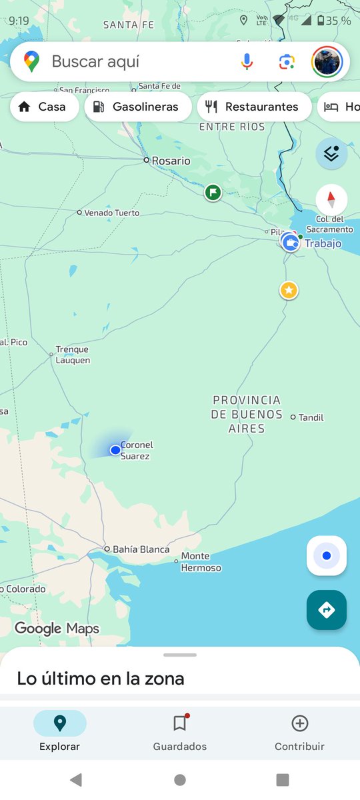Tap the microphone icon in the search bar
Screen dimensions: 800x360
pyautogui.click(x=247, y=62)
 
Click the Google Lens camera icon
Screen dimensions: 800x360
pyautogui.click(x=287, y=62)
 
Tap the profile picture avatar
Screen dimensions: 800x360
pyautogui.click(x=327, y=62)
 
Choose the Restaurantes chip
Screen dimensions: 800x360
pyautogui.click(x=254, y=107)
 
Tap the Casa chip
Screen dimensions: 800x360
pyautogui.click(x=42, y=107)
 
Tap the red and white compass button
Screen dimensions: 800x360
pyautogui.click(x=331, y=199)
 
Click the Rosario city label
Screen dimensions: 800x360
pyautogui.click(x=171, y=161)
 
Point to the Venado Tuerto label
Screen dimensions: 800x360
pyautogui.click(x=111, y=213)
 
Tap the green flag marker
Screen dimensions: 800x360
pyautogui.click(x=213, y=193)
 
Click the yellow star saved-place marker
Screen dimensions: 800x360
pyautogui.click(x=289, y=290)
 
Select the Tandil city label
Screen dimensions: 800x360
pyautogui.click(x=311, y=417)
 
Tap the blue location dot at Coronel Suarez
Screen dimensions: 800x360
pyautogui.click(x=115, y=450)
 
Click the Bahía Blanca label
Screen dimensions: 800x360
pyautogui.click(x=141, y=549)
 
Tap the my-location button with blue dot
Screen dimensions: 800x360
pyautogui.click(x=327, y=555)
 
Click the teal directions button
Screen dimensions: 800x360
pyautogui.click(x=327, y=609)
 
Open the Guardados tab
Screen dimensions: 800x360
pyautogui.click(x=180, y=732)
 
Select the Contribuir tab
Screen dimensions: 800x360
pyautogui.click(x=299, y=732)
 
